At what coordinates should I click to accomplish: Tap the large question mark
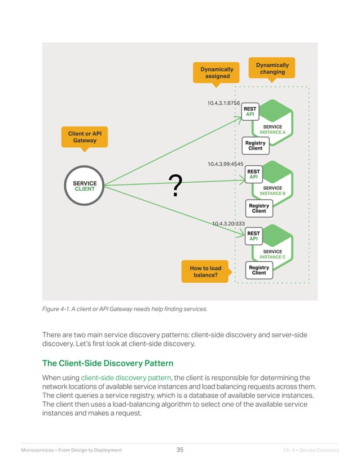[x=176, y=186]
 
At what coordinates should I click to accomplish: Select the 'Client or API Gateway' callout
[x=84, y=137]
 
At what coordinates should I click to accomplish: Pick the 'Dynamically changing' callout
[x=272, y=68]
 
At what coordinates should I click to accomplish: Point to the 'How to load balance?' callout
[x=205, y=271]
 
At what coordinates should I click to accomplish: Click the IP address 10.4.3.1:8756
[x=223, y=103]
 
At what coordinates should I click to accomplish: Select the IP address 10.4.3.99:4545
[x=225, y=164]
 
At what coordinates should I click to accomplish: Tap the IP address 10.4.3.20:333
[x=228, y=224]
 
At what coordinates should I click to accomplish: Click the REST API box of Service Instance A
[x=250, y=112]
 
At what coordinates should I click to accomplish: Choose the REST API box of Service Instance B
[x=254, y=174]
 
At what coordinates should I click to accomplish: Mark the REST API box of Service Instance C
[x=254, y=236]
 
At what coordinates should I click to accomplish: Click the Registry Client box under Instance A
[x=255, y=146]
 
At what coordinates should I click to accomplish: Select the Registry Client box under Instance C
[x=259, y=270]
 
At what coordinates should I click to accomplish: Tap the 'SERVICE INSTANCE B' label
[x=273, y=191]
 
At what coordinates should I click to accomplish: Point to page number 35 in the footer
[x=180, y=450]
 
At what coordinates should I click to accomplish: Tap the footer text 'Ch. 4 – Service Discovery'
[x=311, y=450]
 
